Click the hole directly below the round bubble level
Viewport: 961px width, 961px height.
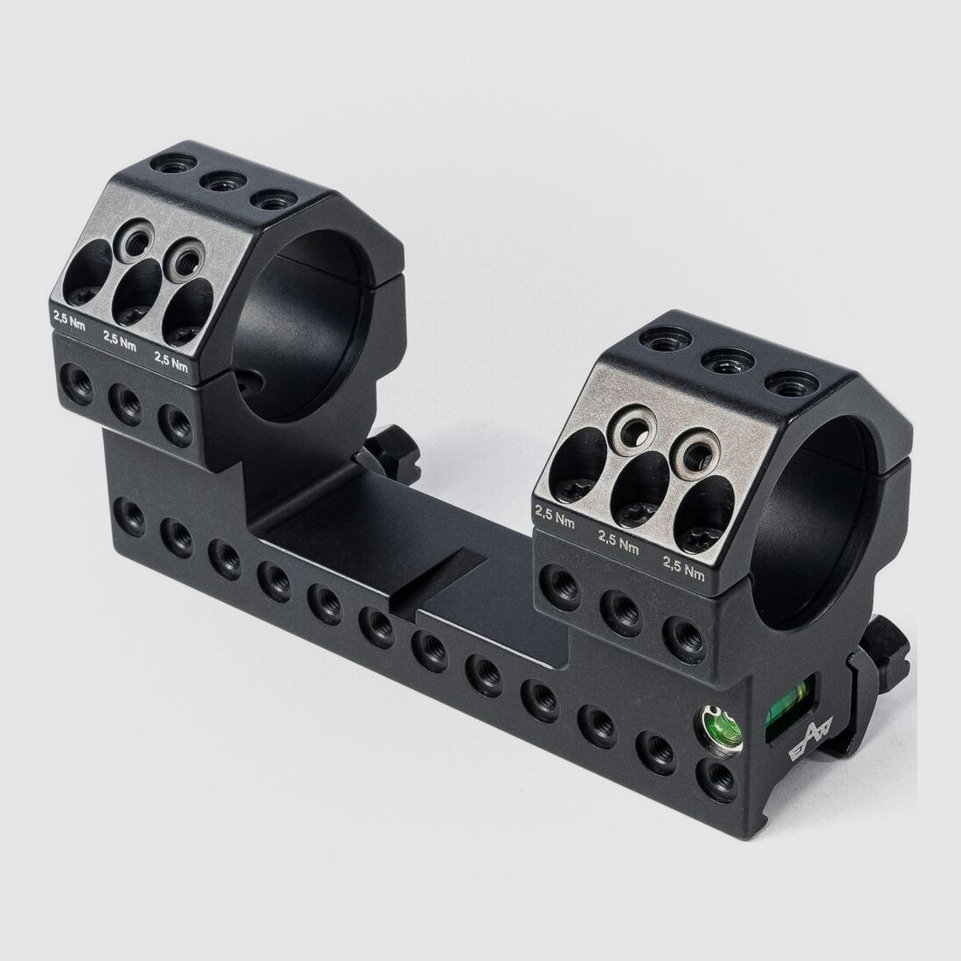[x=716, y=775]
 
